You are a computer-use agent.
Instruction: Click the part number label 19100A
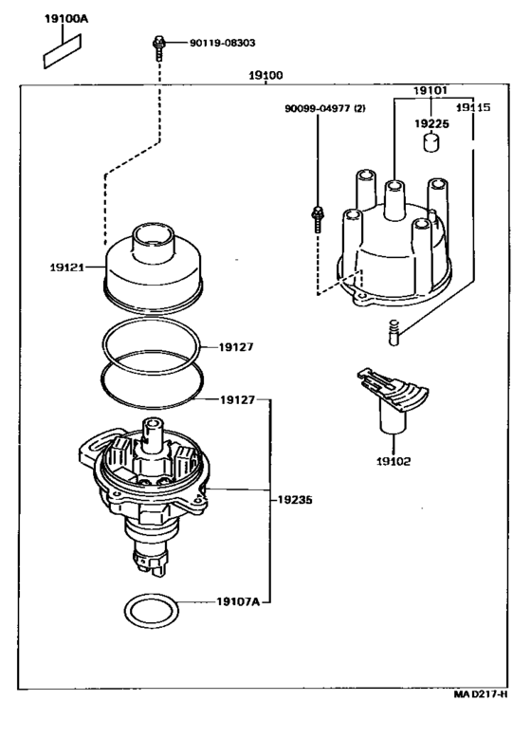click(66, 19)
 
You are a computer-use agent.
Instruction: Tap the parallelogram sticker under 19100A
click(62, 52)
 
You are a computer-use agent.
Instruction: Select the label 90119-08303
click(223, 43)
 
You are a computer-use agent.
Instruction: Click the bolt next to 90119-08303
click(157, 48)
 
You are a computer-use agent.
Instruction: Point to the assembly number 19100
click(265, 75)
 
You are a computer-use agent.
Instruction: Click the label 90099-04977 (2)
click(325, 109)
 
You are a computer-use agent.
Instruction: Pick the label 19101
click(430, 90)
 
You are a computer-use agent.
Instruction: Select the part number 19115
click(473, 108)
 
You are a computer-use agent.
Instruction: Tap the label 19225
click(431, 123)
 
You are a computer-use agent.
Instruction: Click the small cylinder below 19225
click(430, 142)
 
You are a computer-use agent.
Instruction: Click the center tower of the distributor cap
click(394, 199)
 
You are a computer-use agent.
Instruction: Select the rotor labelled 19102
click(393, 399)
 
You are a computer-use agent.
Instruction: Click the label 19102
click(394, 462)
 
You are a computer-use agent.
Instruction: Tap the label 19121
click(66, 268)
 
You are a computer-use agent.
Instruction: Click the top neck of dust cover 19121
click(153, 241)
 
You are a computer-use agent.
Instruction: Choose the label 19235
click(295, 500)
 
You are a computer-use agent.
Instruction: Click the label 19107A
click(238, 602)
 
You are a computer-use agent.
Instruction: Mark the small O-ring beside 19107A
click(153, 613)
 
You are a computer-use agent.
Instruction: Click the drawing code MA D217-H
click(480, 694)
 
